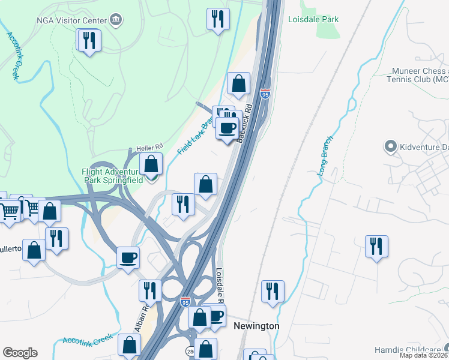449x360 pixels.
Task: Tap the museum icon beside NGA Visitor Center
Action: (116, 20)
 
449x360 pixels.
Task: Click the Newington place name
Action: (256, 326)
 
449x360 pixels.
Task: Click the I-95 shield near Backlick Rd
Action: (265, 94)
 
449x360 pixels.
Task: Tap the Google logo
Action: (20, 353)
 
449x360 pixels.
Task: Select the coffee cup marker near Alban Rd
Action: (128, 258)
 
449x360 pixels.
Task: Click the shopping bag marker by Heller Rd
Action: (151, 163)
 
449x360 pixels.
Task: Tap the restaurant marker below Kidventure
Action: (376, 246)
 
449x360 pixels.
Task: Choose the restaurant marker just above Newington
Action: (273, 292)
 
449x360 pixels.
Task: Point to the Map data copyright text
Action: (424, 355)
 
